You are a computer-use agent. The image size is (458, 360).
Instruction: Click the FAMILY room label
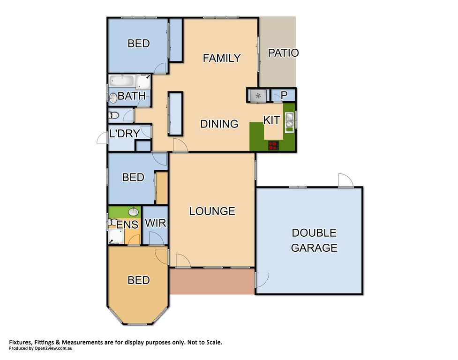[222, 58]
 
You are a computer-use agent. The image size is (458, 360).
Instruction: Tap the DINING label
[219, 124]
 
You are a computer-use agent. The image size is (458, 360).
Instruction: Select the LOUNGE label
[212, 211]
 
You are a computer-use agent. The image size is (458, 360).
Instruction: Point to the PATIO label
[283, 53]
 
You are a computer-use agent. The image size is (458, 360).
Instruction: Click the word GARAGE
[314, 247]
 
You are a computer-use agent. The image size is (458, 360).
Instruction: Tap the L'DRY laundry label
[124, 134]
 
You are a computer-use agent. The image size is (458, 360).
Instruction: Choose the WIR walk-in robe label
[155, 223]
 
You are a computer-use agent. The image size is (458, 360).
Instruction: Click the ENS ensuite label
[127, 225]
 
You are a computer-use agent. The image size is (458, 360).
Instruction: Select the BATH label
[131, 96]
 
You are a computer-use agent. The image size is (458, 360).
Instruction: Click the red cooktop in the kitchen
[273, 145]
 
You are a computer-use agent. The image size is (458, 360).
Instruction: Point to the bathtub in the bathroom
[122, 81]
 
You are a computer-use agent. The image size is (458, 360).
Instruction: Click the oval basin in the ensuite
[134, 212]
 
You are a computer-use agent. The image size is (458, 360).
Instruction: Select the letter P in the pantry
[284, 95]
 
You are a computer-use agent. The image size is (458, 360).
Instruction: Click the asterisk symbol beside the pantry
[258, 96]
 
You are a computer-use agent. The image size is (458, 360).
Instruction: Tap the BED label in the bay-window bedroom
[139, 280]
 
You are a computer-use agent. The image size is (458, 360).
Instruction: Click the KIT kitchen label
[271, 120]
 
